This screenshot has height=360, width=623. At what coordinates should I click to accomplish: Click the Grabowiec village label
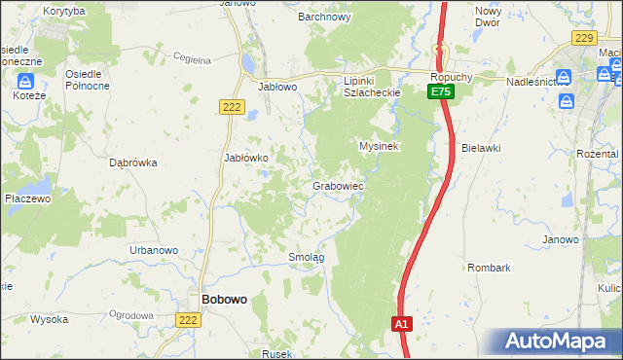tap(338, 185)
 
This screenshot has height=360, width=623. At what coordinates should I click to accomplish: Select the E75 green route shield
tap(441, 91)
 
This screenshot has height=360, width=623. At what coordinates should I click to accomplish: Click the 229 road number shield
tap(584, 38)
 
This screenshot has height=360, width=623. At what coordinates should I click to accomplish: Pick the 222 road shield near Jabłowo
tap(231, 108)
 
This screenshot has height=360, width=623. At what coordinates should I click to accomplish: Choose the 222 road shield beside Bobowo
tap(189, 318)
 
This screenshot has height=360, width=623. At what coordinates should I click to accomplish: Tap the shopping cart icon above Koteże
tap(27, 82)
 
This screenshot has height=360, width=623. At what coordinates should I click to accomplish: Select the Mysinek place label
tap(380, 145)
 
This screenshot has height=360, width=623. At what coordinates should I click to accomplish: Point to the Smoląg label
tap(306, 257)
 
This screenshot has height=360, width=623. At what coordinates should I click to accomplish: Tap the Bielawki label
tap(482, 148)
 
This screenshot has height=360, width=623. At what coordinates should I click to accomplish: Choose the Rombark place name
tap(488, 267)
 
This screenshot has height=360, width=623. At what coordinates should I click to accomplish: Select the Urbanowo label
tap(154, 250)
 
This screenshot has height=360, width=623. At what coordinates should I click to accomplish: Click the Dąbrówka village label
tap(134, 163)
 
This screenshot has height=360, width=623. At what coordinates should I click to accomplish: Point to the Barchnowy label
tap(323, 17)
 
